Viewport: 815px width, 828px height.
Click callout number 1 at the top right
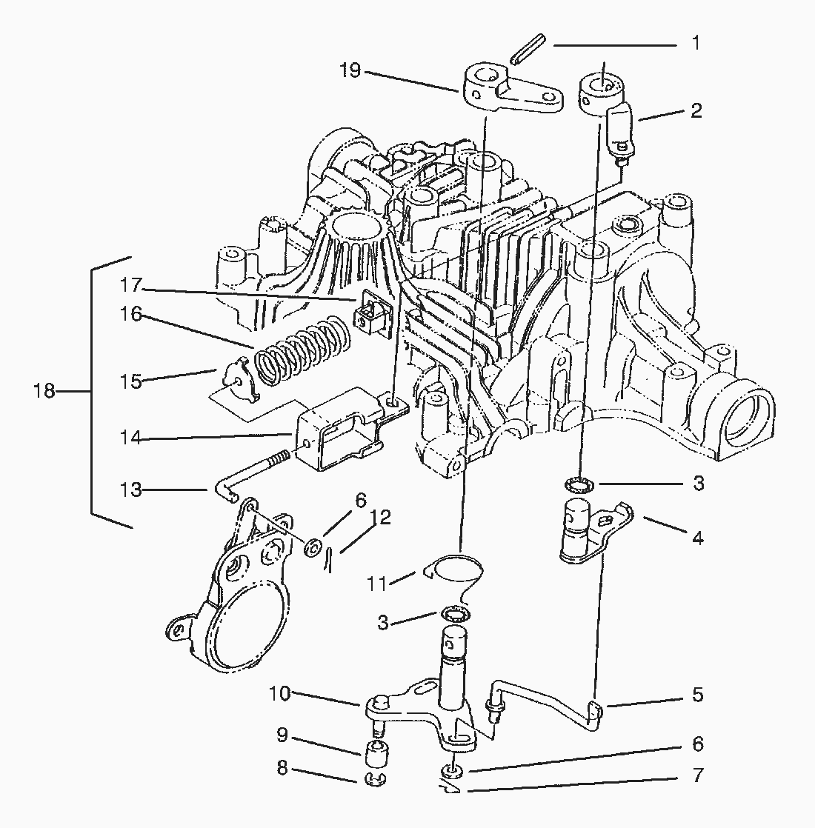point(696,44)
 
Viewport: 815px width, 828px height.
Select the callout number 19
point(350,71)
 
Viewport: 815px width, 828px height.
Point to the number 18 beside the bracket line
point(44,391)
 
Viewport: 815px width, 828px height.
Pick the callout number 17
point(131,285)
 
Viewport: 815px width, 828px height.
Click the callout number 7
point(696,776)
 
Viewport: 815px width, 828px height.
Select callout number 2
point(696,111)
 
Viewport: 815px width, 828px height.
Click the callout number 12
point(381,516)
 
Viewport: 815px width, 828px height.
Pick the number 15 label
point(131,381)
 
